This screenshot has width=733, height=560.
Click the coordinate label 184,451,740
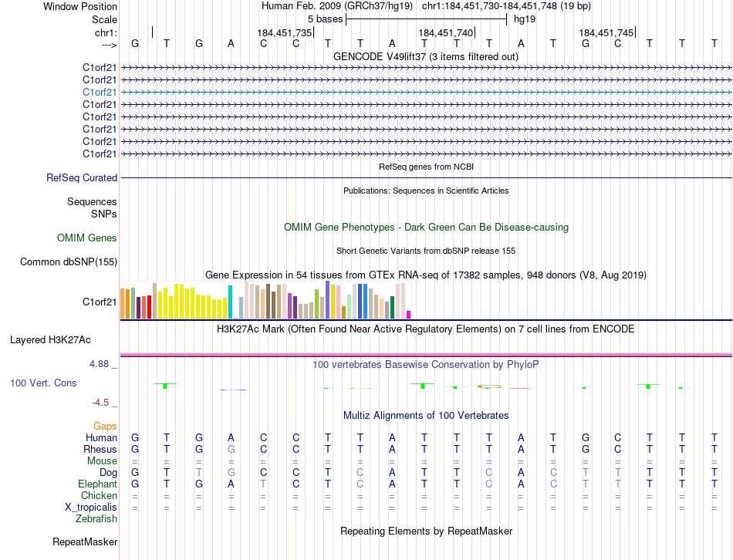(444, 32)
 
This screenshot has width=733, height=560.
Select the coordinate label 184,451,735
(285, 32)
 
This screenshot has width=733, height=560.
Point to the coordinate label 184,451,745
(606, 32)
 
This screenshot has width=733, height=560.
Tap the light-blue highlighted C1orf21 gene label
(100, 92)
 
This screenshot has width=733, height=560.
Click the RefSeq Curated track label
(82, 177)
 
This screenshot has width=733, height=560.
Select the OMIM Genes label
(87, 238)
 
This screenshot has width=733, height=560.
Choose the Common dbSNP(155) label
(69, 261)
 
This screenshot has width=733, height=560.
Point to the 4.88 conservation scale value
(102, 364)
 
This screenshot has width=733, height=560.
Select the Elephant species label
(97, 484)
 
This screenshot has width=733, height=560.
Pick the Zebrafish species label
(96, 519)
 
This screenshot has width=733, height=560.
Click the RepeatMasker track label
(85, 542)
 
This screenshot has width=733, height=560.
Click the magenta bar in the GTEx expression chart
(409, 314)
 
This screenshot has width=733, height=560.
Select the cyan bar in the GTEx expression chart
(230, 302)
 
